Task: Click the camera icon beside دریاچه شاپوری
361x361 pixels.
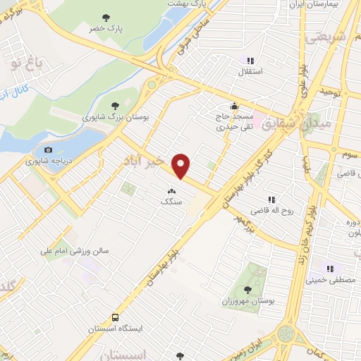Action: click(48, 149)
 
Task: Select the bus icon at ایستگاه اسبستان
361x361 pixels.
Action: click(114, 317)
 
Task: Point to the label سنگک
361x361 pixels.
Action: click(171, 201)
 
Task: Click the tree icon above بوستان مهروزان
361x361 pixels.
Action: click(247, 289)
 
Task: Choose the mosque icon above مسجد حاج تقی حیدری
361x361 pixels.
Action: click(234, 106)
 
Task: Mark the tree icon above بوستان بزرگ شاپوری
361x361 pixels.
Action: click(115, 106)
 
